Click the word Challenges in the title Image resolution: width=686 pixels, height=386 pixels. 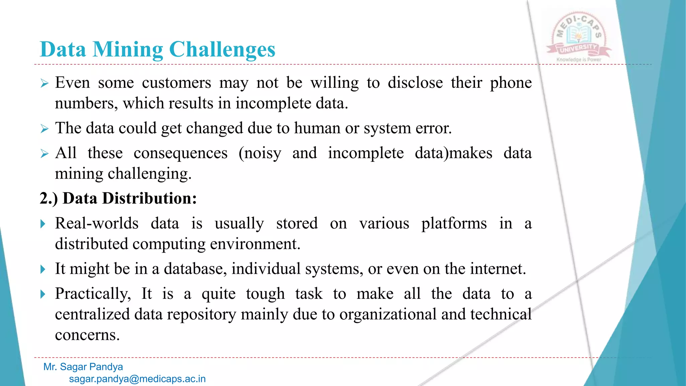point(222,50)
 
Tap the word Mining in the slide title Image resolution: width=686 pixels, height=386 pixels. point(128,50)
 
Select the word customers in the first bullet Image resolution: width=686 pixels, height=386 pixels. point(177,83)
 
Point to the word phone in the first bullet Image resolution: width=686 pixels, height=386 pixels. point(510,83)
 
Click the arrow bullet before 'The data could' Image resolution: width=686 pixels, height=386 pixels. point(45,129)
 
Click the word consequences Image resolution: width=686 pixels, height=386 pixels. point(181,153)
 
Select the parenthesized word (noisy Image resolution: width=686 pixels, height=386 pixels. point(260,153)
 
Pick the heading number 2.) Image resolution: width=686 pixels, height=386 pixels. point(49,198)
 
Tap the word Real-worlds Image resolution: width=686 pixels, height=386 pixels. point(97,223)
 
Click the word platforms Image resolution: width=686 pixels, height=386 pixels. point(454,223)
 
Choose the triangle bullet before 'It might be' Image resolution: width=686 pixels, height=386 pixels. point(43,269)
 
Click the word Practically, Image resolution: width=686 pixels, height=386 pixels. point(93,294)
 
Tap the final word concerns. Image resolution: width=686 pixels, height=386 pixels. point(87,335)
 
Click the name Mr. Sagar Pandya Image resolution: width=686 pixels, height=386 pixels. point(83,367)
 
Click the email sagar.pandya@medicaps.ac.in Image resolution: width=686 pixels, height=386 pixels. point(137,379)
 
